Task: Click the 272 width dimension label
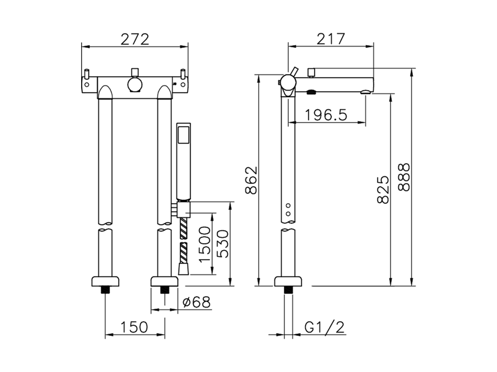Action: click(x=135, y=40)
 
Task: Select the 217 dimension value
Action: click(x=330, y=39)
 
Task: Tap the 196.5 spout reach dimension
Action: click(x=325, y=115)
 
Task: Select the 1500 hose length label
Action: click(x=205, y=244)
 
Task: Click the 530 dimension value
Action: click(x=222, y=244)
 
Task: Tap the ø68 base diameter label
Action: click(x=196, y=302)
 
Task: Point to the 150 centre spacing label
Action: click(x=134, y=327)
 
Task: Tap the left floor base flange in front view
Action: click(x=106, y=281)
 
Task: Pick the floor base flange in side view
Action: click(x=288, y=281)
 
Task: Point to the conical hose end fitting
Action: click(x=184, y=269)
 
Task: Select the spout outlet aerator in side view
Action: click(x=366, y=92)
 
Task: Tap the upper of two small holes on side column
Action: click(x=288, y=205)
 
